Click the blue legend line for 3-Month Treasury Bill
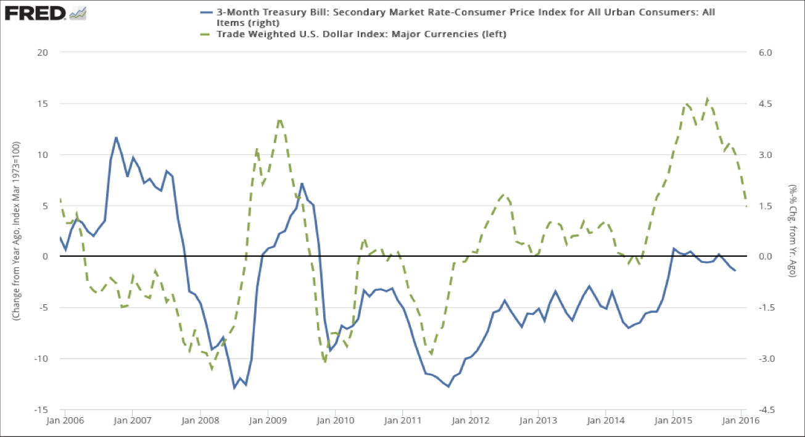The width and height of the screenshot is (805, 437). [205, 12]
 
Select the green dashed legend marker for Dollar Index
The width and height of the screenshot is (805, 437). [205, 34]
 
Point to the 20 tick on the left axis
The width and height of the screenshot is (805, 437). [43, 52]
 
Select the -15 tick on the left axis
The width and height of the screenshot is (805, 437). [41, 410]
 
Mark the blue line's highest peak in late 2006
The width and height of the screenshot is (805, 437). [116, 137]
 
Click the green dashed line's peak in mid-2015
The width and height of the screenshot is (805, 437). [707, 99]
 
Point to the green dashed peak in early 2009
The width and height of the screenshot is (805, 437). [279, 119]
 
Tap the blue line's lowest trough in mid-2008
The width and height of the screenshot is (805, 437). [234, 388]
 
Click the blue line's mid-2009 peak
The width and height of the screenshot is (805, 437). [302, 183]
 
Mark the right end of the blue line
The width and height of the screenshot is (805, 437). [735, 271]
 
